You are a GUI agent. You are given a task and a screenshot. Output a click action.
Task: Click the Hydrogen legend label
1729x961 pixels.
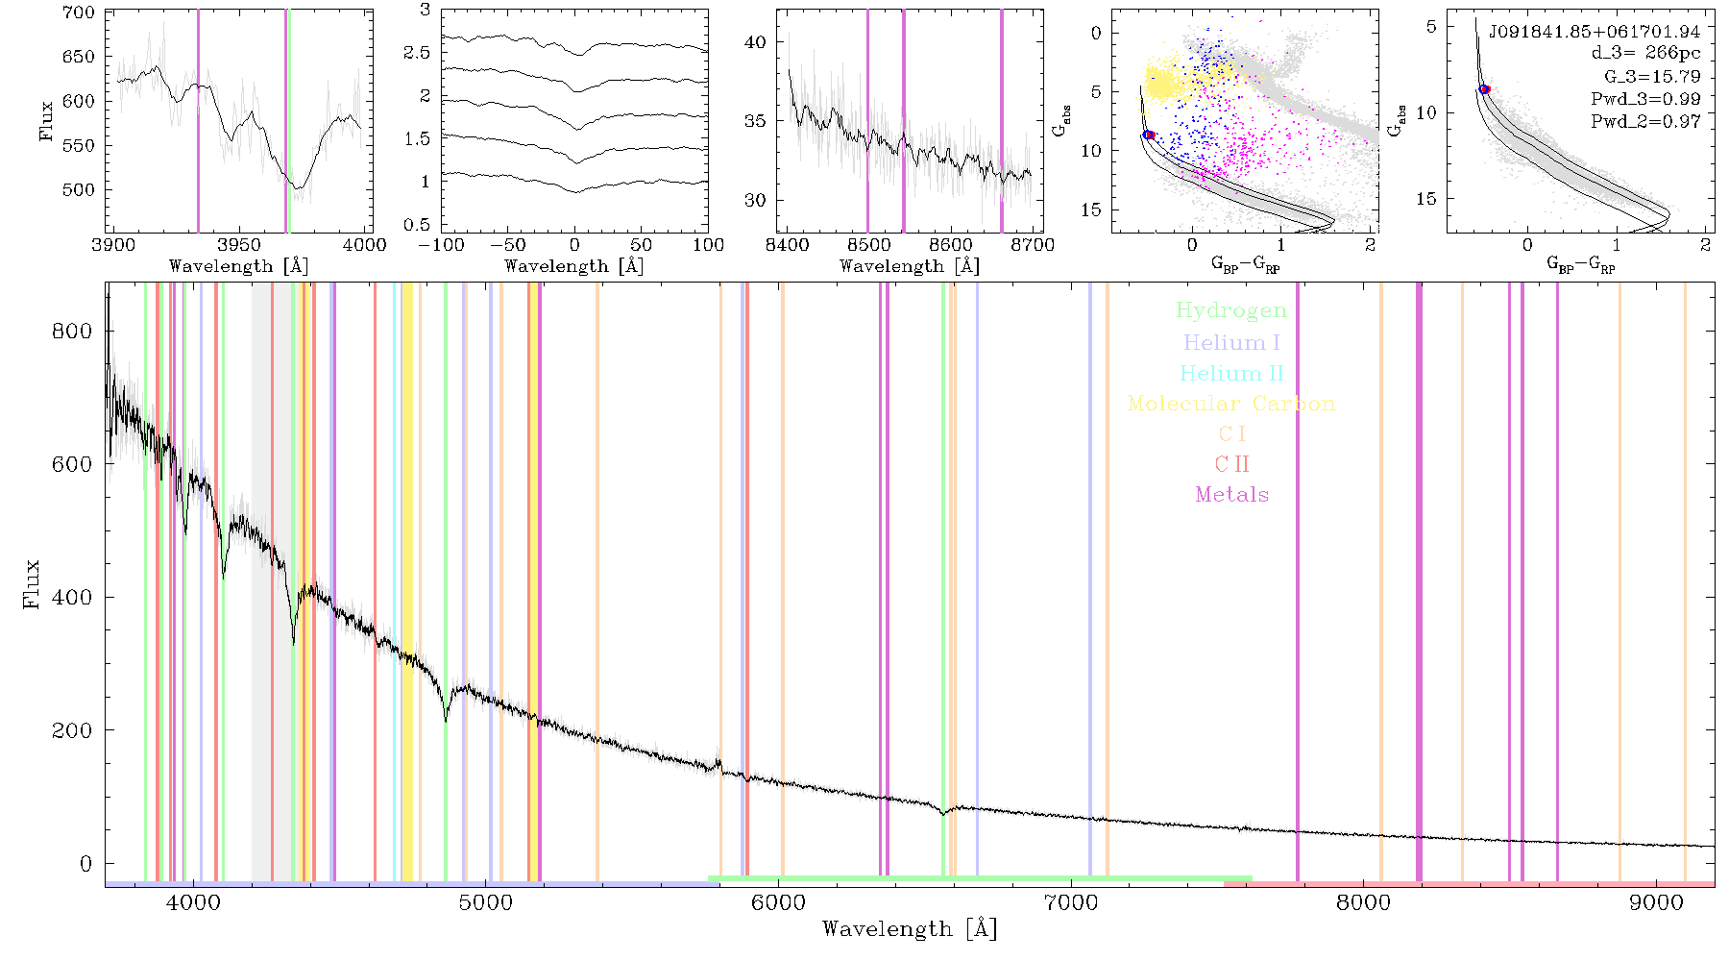coord(1230,310)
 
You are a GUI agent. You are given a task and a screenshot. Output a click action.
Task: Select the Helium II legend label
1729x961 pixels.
coord(1231,373)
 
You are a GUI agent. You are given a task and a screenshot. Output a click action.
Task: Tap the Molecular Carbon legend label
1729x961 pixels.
coord(1231,404)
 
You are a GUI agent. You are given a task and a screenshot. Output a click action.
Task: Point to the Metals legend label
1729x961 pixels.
coord(1232,495)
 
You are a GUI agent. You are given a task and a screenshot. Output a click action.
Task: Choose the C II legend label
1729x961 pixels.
coord(1231,464)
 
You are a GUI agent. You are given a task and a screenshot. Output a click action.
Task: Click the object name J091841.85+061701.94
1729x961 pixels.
coord(1595,32)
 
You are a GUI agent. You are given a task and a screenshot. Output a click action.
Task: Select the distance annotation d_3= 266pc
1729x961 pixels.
coord(1645,54)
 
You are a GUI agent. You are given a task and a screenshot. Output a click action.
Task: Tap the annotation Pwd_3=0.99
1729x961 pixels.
coord(1645,99)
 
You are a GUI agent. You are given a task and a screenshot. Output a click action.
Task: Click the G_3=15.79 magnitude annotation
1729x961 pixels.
coord(1652,77)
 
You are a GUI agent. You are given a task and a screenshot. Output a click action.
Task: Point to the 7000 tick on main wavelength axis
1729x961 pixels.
coord(1071,902)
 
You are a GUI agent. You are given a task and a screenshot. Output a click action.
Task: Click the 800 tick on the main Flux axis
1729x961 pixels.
coord(73,331)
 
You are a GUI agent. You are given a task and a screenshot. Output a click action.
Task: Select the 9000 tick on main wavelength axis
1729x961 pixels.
coord(1656,902)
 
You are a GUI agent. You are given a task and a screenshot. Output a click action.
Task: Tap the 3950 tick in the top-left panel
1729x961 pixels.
coord(239,244)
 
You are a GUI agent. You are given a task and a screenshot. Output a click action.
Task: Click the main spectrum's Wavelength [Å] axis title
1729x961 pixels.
coord(910,929)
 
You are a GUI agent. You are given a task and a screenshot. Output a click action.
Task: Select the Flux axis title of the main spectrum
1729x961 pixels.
coord(32,583)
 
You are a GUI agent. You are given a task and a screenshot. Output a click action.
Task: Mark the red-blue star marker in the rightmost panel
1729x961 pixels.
coord(1484,89)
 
